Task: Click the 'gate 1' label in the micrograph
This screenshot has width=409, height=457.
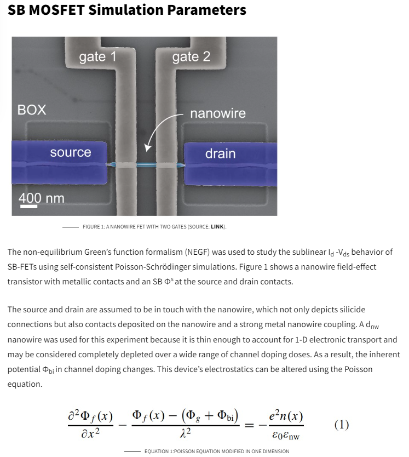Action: click(97, 56)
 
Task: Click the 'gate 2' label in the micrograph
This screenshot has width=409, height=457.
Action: click(191, 56)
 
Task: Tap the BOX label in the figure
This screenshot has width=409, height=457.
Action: click(32, 110)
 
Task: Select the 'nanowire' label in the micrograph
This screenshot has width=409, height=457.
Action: click(218, 113)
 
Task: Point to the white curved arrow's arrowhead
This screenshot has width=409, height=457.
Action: click(148, 147)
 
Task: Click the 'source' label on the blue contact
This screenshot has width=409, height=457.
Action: click(71, 152)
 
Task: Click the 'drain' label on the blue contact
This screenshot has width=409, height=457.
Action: click(220, 153)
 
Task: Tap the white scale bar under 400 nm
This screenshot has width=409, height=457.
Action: click(28, 207)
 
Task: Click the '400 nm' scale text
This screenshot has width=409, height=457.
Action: click(42, 198)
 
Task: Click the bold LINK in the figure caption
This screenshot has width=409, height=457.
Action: click(217, 227)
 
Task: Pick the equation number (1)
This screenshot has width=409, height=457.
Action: click(342, 425)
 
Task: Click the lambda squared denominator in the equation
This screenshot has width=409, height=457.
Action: click(186, 433)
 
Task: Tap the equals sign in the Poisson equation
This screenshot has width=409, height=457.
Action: click(249, 425)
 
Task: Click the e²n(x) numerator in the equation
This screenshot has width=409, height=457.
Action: click(286, 415)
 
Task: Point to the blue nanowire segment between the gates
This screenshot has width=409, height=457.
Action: click(146, 165)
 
